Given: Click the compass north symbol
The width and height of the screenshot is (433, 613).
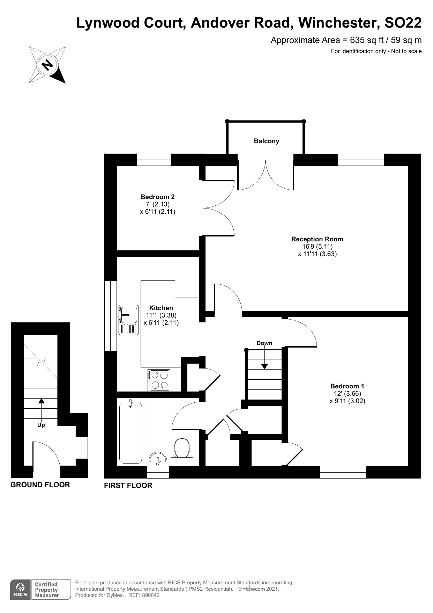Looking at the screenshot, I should pos(47,65).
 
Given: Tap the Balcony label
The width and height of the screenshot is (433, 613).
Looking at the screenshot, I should pos(266,141).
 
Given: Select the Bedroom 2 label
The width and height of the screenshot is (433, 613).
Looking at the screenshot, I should pos(157,197).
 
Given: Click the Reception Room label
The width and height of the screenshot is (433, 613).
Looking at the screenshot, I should pos(317,239).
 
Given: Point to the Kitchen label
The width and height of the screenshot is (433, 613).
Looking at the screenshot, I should pos(161,308).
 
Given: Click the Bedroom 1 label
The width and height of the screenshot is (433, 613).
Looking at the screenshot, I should pos(347,386).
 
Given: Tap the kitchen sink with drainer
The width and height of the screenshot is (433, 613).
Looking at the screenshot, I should pos(129,320).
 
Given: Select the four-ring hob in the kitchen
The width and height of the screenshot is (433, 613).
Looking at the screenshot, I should pos(159,380).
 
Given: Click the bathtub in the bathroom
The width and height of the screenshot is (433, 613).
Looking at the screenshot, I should pos(131,432).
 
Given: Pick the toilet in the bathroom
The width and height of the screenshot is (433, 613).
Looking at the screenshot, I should pos(182,449).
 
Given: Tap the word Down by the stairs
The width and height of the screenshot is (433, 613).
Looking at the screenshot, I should pos(264,343).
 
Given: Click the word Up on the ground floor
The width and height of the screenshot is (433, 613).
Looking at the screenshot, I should pos(41,425).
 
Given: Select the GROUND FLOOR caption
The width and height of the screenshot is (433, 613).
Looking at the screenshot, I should pos(40,485).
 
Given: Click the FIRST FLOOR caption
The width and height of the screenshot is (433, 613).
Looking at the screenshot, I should pos(128,486).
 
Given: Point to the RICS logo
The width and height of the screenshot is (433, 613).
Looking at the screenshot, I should pos(20,590).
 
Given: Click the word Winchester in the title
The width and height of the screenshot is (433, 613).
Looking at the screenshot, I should pos(339,23).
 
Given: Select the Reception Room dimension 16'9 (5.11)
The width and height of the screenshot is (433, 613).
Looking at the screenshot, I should pos(317,247).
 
